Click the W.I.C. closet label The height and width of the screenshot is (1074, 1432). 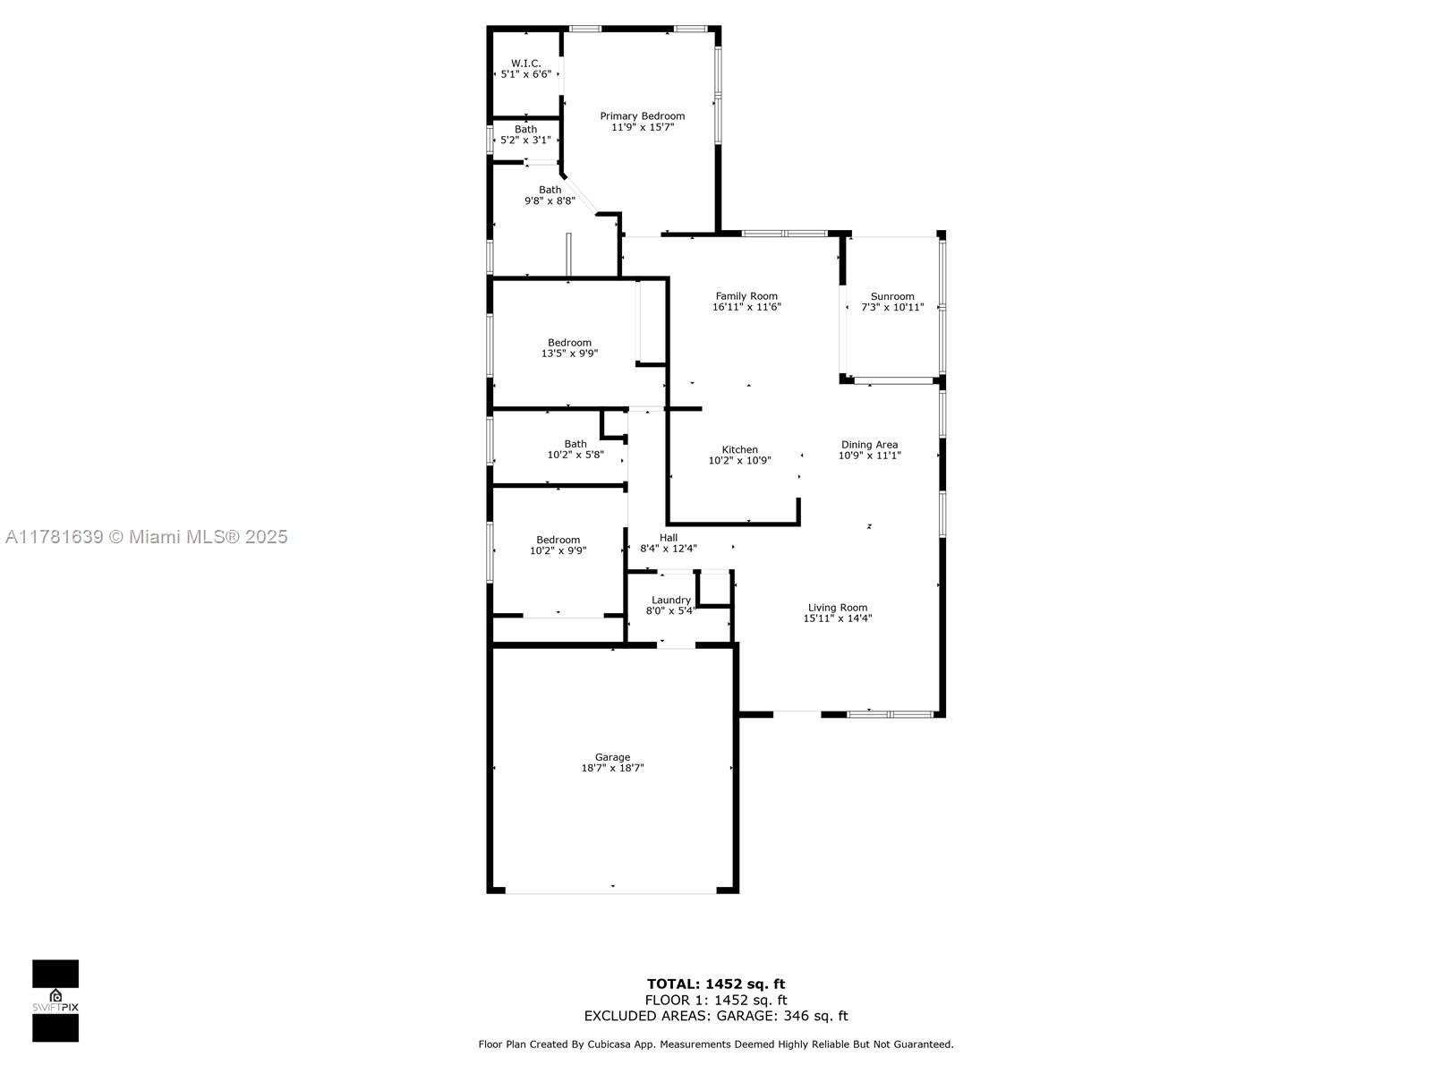[525, 64]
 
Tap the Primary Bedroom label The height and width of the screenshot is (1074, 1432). [642, 116]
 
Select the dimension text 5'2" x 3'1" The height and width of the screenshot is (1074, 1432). [525, 140]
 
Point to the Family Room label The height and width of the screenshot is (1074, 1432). [746, 296]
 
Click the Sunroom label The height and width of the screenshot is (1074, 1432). [891, 296]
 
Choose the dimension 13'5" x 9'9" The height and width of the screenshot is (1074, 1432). [569, 354]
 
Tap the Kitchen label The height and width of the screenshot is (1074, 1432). [740, 449]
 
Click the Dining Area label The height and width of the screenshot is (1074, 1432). [869, 445]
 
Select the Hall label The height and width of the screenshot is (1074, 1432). [668, 537]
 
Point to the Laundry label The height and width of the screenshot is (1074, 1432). [670, 600]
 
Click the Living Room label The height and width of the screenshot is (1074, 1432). [837, 608]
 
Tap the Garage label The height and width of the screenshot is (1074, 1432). [612, 757]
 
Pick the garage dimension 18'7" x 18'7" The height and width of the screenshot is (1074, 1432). [612, 768]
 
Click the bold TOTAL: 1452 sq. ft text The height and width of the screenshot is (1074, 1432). [716, 984]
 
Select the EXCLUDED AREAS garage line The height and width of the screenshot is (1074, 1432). [716, 1016]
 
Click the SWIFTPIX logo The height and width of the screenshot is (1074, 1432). [55, 1001]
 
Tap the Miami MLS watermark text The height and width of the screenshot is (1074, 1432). [147, 537]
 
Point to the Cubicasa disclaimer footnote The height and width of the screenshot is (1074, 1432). [716, 1044]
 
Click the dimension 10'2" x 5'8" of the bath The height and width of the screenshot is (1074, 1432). [575, 455]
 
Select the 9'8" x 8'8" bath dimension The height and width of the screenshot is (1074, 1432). [550, 200]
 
